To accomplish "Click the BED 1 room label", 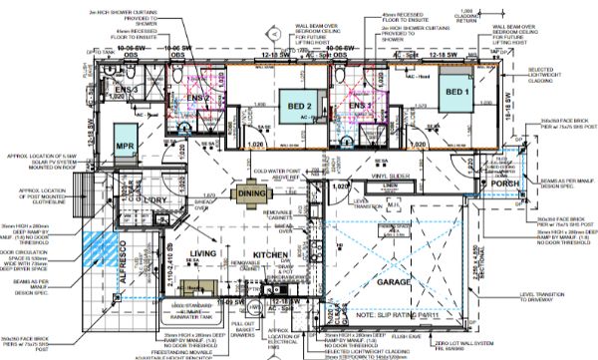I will tap(453, 93).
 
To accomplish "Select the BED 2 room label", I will tap(302, 106).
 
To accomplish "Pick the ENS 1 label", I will tap(360, 104).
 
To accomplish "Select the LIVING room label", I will tap(203, 257).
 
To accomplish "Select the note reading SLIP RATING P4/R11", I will tap(379, 314).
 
